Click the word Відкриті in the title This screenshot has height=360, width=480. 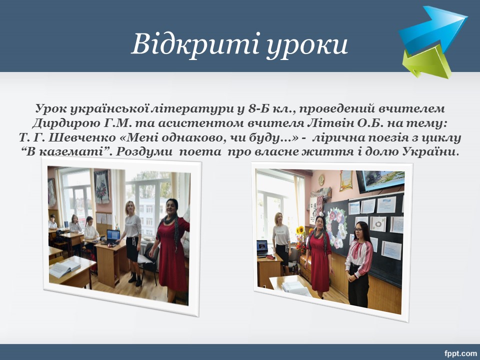pos(195,44)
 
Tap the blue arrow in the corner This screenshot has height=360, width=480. pos(433,29)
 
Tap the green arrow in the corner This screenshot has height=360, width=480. pos(427,61)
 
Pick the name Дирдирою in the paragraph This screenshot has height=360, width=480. pos(66,123)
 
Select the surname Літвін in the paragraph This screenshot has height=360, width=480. pos(329,123)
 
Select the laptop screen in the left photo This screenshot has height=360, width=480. pos(113,235)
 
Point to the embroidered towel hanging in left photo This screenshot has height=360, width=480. pos(101,186)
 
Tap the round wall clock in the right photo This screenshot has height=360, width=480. pos(321,180)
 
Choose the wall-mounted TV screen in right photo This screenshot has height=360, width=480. pos(380,181)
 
